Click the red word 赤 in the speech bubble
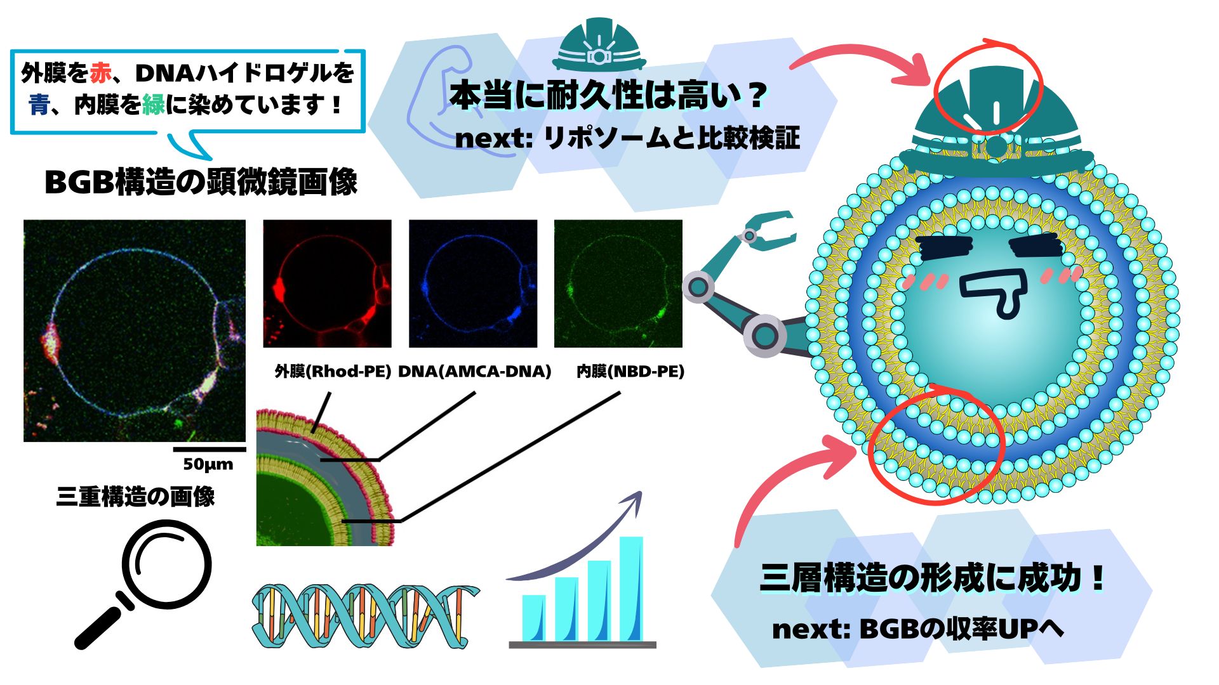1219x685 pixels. point(100,74)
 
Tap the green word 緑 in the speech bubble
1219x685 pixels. point(154,104)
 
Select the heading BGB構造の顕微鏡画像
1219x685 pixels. point(201,182)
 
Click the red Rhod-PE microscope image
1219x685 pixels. point(328,284)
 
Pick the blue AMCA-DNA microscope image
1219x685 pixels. point(473,284)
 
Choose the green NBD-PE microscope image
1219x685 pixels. point(618,284)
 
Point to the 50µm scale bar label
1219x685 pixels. point(208,464)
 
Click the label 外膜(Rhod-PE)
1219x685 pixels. point(333,371)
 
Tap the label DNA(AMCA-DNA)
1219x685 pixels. point(474,371)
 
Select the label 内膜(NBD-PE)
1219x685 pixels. point(630,371)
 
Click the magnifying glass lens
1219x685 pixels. point(167,562)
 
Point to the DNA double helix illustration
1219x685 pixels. point(365,614)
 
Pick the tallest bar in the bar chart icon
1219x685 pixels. point(631,589)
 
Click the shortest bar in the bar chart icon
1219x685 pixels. point(534,618)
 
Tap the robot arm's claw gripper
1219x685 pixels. point(767,230)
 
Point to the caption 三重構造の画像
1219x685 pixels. point(136,497)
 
